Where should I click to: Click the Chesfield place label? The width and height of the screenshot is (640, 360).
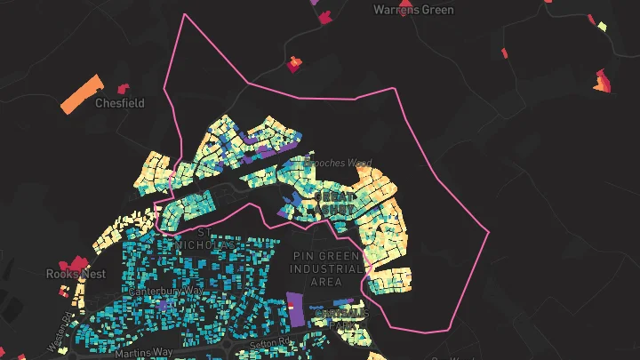pos(119,103)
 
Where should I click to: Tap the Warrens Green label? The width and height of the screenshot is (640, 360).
pos(413,11)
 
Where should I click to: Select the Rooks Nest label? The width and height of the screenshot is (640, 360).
pos(76,274)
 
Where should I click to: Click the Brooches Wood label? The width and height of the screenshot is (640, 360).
pos(337,164)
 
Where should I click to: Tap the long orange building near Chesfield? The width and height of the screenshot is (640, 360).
pos(82,94)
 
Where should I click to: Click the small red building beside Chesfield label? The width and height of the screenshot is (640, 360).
pos(124,88)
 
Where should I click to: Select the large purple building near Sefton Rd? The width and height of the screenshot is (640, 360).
pos(295,308)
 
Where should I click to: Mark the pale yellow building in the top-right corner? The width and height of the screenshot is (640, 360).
pos(602,27)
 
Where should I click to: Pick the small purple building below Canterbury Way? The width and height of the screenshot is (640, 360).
pos(162,304)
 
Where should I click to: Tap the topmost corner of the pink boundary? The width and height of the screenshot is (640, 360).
pos(185,15)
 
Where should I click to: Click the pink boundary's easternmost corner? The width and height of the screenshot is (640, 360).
pos(490,232)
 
